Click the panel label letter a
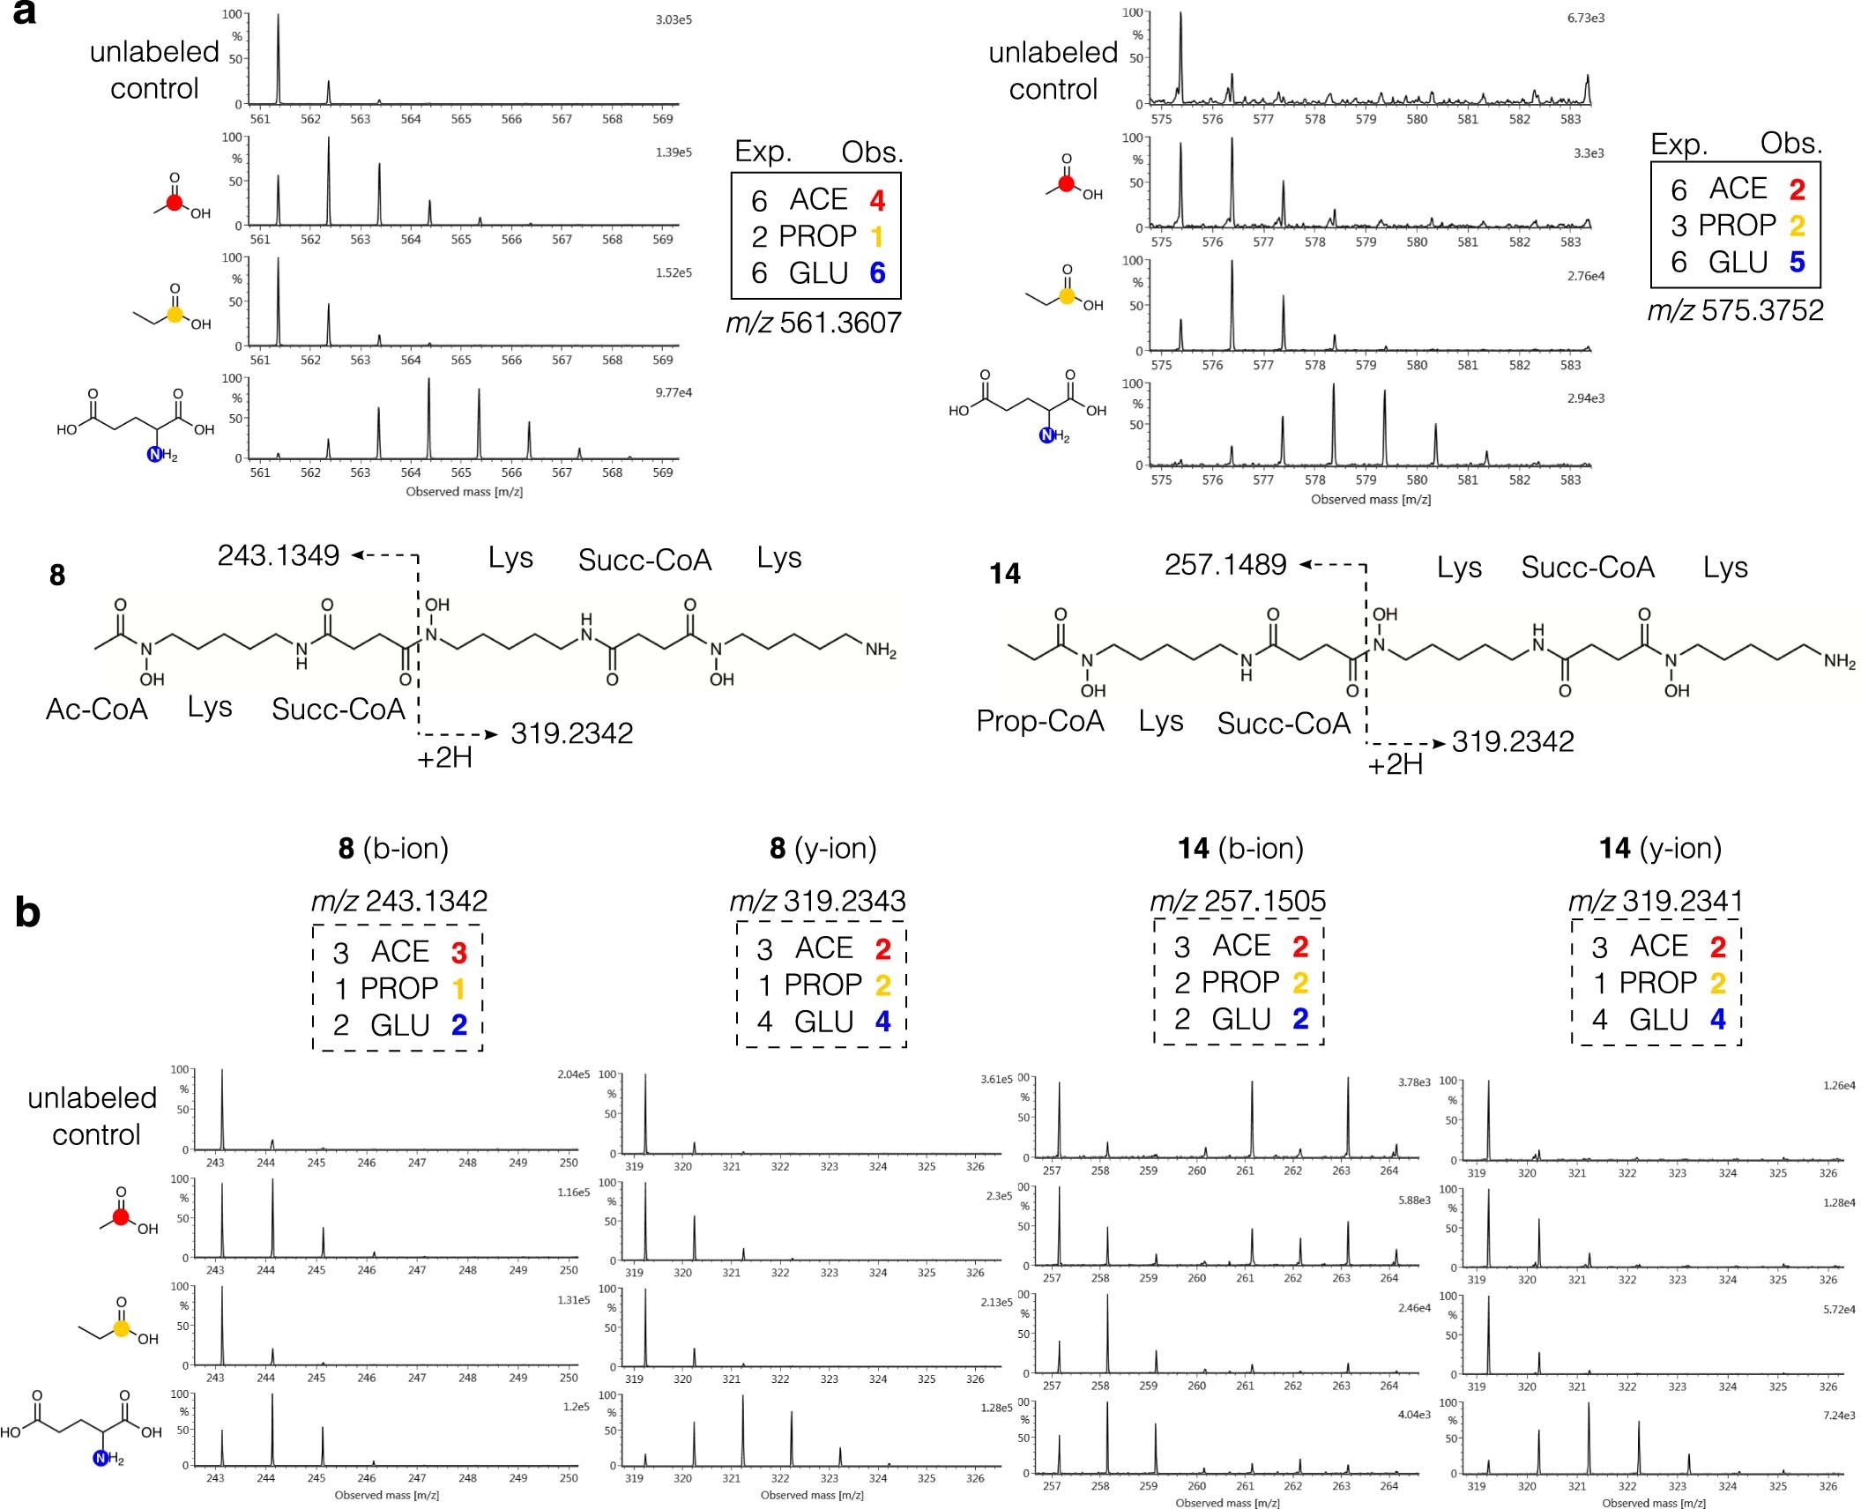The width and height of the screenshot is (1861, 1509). [25, 15]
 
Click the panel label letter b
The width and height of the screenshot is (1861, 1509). [27, 913]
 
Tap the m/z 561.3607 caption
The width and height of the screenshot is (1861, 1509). [813, 323]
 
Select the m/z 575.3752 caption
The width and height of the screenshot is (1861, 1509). [1735, 310]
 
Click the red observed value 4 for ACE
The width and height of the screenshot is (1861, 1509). [877, 201]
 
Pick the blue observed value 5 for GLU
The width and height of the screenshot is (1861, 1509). [1797, 263]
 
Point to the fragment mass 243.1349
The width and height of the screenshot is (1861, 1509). [279, 555]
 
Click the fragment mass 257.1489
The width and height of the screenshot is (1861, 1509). [1225, 564]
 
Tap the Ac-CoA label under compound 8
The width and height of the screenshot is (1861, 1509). [97, 710]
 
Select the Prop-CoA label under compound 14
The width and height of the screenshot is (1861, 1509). [1040, 721]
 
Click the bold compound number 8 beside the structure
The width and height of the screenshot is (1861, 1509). [57, 576]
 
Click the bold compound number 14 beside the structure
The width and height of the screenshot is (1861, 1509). [1005, 574]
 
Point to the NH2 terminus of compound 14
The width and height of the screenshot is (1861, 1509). [1838, 661]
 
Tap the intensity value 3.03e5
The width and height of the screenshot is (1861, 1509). [673, 20]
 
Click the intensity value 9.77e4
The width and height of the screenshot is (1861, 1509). [673, 393]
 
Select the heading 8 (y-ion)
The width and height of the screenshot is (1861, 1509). [823, 848]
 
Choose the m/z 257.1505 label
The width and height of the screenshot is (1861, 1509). [1238, 901]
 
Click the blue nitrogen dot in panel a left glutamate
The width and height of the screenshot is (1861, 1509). [155, 455]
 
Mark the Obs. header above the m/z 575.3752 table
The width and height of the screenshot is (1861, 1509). [1790, 144]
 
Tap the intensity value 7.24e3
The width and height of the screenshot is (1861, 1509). [1837, 1416]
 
